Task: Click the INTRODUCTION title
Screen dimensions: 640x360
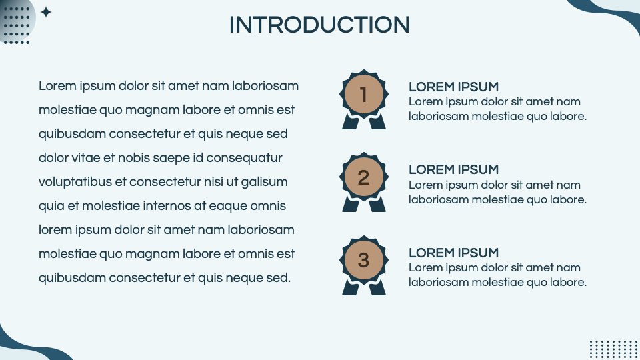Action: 319,25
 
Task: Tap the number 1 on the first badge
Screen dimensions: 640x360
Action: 363,94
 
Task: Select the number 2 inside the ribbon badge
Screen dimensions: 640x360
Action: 363,177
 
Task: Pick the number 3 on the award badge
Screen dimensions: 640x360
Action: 363,261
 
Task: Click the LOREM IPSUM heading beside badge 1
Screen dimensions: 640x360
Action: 453,87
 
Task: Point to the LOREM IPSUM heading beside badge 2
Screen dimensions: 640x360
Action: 453,170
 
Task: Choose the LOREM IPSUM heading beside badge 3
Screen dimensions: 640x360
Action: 453,253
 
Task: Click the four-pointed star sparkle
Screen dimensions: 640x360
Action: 46,12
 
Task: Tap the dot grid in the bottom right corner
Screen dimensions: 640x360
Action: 613,349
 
